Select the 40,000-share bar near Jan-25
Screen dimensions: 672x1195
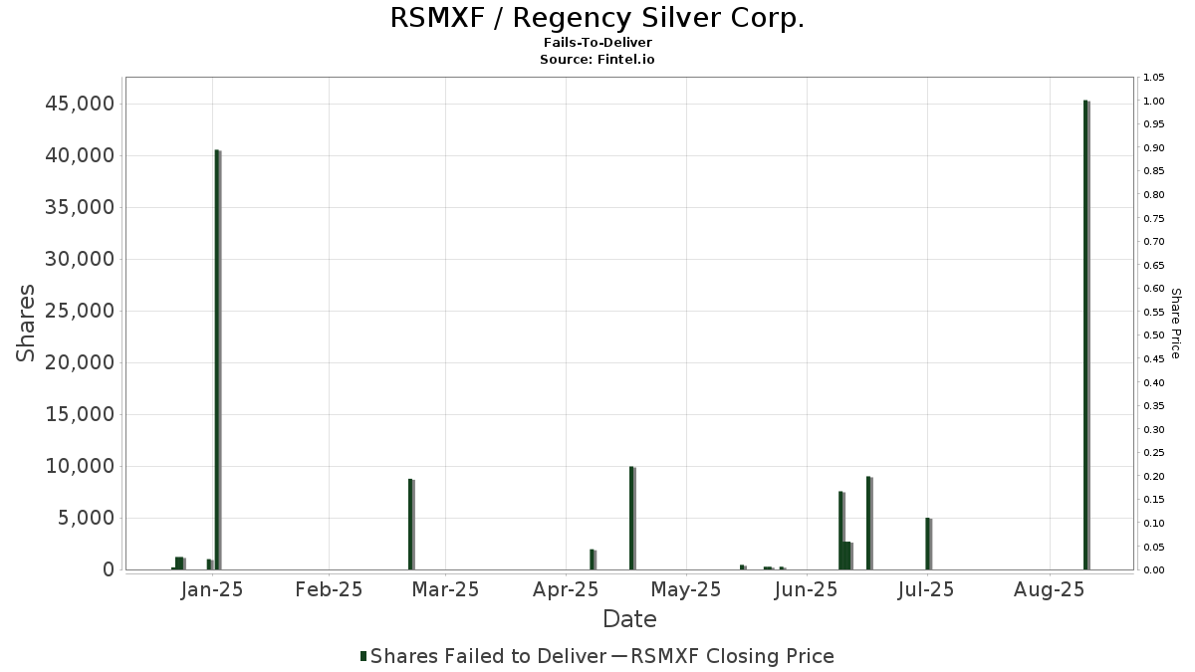pos(217,359)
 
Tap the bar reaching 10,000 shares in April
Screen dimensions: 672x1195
pos(631,518)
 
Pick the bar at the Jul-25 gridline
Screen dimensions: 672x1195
pos(928,544)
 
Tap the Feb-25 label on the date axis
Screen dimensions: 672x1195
pos(329,589)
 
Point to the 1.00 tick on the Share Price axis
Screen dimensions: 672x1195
pos(1155,102)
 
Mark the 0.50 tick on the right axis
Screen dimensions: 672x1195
pos(1155,336)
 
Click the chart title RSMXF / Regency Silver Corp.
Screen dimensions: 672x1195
pos(597,18)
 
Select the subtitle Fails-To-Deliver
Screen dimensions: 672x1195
pos(597,44)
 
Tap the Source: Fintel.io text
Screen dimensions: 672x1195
pos(597,60)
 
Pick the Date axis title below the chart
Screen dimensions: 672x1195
pos(629,619)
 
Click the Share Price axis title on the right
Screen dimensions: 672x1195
pos(1175,324)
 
